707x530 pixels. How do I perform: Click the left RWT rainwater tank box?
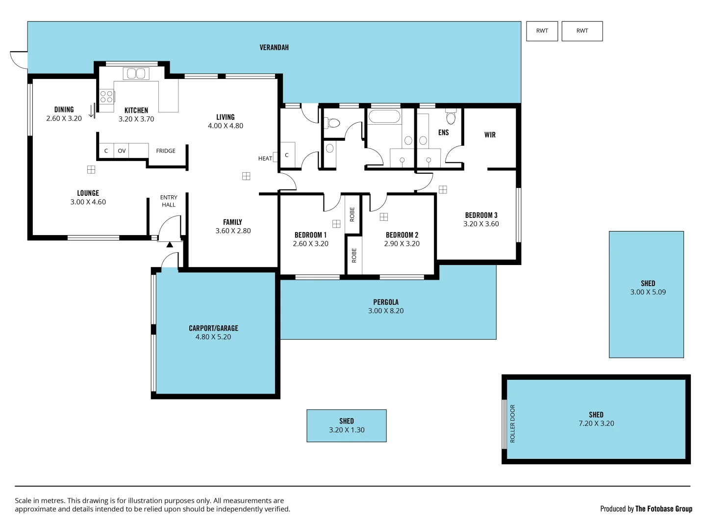coord(542,31)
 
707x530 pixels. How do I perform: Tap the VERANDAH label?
coord(274,48)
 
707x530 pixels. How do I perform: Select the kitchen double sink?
coord(136,74)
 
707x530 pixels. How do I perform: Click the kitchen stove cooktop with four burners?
coord(106,96)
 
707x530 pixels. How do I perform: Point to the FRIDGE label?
coord(166,151)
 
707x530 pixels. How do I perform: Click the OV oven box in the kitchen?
coord(122,151)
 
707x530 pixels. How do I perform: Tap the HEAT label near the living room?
coord(265,159)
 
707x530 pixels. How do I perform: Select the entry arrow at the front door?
coord(169,244)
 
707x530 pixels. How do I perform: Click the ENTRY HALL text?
coord(169,201)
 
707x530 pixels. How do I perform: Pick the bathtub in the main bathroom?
coord(384,117)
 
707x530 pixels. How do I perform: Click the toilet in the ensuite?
coord(451,117)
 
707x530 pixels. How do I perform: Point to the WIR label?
coord(490,135)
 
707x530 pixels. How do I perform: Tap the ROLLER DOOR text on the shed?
coord(513,424)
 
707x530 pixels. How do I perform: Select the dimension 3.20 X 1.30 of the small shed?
coord(347,430)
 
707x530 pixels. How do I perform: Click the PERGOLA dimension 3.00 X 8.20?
coord(386,311)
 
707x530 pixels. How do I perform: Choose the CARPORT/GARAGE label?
coord(213,328)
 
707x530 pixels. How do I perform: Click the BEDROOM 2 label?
coord(402,235)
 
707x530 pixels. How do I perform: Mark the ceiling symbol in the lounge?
coord(91,169)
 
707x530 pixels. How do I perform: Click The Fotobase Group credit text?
coord(663,509)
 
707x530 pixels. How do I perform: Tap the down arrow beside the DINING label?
coord(91,111)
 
